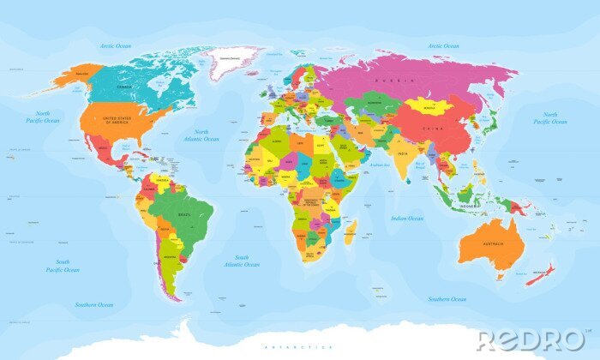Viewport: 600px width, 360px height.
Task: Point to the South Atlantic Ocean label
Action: tap(242, 261)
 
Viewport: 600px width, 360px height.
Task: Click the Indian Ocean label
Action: tap(406, 219)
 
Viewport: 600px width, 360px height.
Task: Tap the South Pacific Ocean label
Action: tap(63, 265)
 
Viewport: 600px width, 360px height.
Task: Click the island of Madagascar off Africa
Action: tap(350, 230)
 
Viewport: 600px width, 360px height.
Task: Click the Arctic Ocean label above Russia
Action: tap(443, 45)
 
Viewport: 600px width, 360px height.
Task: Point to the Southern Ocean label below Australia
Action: tap(447, 299)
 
